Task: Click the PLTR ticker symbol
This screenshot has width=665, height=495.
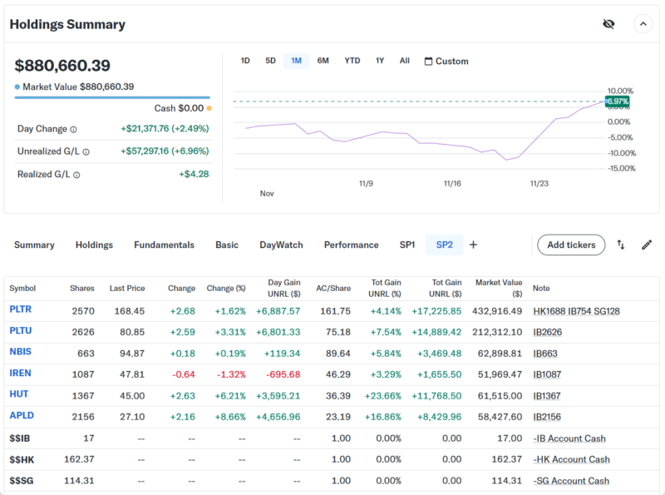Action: click(21, 310)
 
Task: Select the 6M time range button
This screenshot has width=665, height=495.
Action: click(323, 61)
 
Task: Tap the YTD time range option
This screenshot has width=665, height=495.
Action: click(352, 61)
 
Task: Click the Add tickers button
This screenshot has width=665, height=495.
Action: click(571, 245)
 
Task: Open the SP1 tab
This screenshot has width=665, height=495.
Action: click(407, 245)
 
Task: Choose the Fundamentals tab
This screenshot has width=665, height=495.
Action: click(164, 245)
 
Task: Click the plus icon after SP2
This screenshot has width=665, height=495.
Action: click(473, 245)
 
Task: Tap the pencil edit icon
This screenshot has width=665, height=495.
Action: click(647, 245)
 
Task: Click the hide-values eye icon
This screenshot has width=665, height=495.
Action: click(608, 24)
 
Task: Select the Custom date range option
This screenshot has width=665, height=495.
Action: click(446, 61)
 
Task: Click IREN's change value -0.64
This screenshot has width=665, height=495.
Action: click(183, 374)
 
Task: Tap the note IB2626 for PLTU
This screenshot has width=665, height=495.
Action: click(549, 332)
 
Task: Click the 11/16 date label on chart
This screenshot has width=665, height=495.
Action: click(452, 183)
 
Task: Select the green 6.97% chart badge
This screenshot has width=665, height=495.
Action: click(616, 101)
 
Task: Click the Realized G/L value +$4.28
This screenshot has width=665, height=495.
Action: click(194, 174)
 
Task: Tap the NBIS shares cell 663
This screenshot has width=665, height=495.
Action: click(86, 353)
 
